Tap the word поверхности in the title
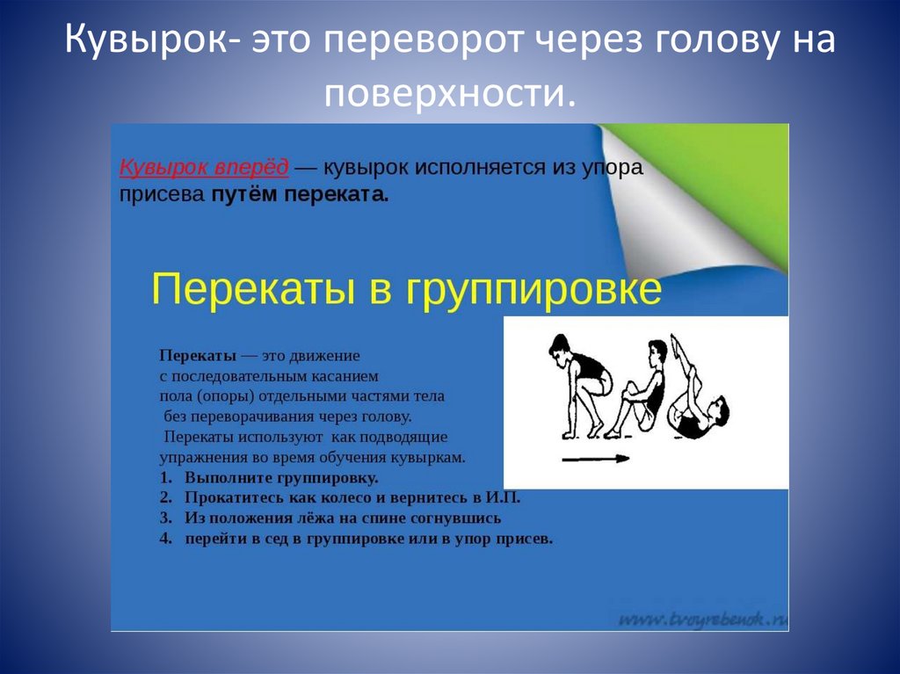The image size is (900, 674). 448,92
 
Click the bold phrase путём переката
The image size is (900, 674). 300,195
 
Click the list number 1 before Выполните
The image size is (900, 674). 164,478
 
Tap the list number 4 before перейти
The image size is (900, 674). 164,538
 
